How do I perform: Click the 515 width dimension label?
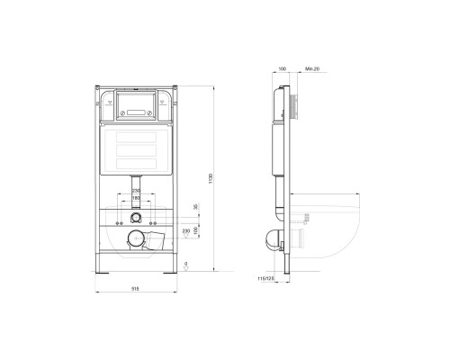pyautogui.click(x=135, y=288)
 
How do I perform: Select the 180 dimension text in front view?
pyautogui.click(x=135, y=197)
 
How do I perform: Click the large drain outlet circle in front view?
pyautogui.click(x=136, y=238)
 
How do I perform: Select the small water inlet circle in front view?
pyautogui.click(x=134, y=216)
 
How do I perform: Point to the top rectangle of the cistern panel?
pyautogui.click(x=134, y=141)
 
